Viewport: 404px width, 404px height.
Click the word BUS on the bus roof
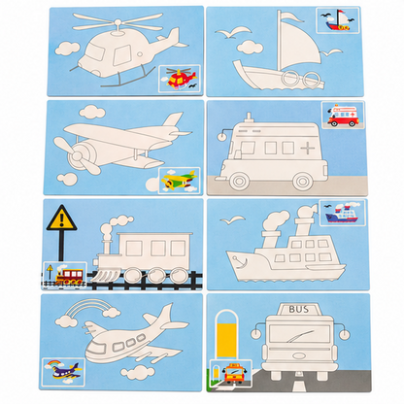coord(298,309)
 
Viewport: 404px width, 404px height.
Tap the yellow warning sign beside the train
coord(62,219)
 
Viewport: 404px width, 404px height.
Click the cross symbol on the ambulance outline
coord(307,149)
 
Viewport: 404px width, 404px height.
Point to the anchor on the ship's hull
coord(242,261)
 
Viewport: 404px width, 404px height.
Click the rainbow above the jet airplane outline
coord(86,307)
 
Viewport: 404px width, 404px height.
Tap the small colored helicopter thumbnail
coord(180,78)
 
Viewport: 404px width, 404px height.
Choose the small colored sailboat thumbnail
coord(338,20)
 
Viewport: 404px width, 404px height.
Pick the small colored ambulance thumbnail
coord(343,115)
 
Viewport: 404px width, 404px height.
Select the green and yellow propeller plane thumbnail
coord(179,181)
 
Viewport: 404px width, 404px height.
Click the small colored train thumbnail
coord(65,275)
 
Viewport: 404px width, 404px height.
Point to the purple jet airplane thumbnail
coord(63,372)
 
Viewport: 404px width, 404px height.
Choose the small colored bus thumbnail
coord(231,373)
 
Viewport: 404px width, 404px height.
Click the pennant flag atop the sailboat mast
coord(290,16)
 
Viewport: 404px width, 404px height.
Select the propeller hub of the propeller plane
coord(77,156)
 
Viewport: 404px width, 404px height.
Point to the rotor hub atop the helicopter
coord(118,25)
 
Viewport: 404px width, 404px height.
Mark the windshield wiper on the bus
coord(299,337)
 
